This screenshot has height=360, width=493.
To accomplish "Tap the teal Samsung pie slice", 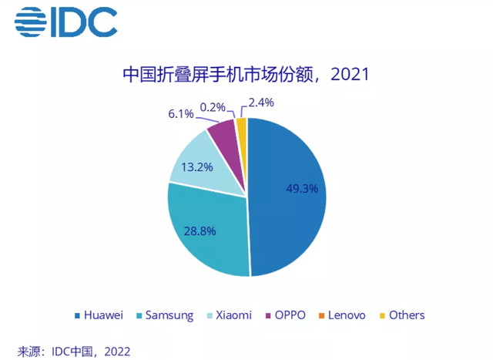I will [204, 231].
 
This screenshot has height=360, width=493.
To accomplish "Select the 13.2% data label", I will [185, 166].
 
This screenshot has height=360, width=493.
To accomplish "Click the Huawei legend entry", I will [101, 315].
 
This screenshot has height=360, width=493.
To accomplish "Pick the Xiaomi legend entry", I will [231, 315].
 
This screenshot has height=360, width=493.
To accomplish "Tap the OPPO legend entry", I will [287, 315].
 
